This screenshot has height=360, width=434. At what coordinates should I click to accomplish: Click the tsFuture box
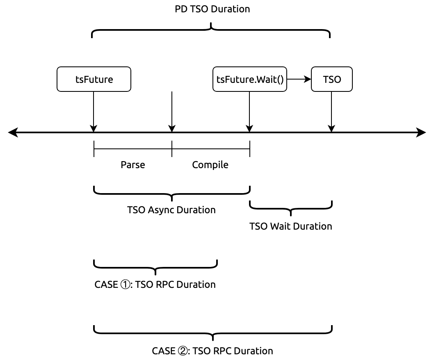(x=94, y=79)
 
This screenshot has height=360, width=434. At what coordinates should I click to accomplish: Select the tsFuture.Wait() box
(x=250, y=79)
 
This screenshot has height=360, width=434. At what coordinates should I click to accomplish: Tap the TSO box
(x=332, y=79)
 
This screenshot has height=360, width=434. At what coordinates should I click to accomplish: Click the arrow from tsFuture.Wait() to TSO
(x=299, y=79)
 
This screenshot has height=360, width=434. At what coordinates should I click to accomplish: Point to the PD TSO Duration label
(x=212, y=9)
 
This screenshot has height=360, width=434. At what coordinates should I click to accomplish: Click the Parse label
(x=133, y=165)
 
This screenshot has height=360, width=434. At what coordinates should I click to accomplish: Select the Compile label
(x=210, y=165)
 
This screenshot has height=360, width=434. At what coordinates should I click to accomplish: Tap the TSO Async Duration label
(x=171, y=210)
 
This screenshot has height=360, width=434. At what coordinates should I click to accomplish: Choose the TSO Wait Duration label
(x=291, y=226)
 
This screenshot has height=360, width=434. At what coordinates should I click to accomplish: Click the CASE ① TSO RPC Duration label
(x=155, y=285)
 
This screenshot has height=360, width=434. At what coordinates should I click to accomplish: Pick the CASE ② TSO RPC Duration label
(x=212, y=351)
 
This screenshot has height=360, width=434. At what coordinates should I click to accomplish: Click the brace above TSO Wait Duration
(x=291, y=208)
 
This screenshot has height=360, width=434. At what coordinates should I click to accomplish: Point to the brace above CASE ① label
(x=155, y=267)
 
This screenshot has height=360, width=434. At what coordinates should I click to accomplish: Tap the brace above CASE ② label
(x=213, y=333)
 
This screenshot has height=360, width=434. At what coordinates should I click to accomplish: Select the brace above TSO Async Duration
(x=172, y=193)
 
